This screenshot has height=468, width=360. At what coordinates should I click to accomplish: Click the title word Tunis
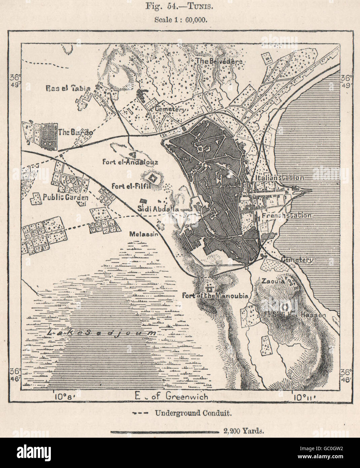coord(195,6)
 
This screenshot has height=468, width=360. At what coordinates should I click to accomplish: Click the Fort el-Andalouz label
coord(130,162)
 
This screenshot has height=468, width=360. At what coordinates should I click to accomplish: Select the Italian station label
coord(280,178)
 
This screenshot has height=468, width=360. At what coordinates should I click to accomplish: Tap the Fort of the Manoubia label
coord(215,296)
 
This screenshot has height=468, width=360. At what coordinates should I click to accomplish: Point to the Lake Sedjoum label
coord(102,333)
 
